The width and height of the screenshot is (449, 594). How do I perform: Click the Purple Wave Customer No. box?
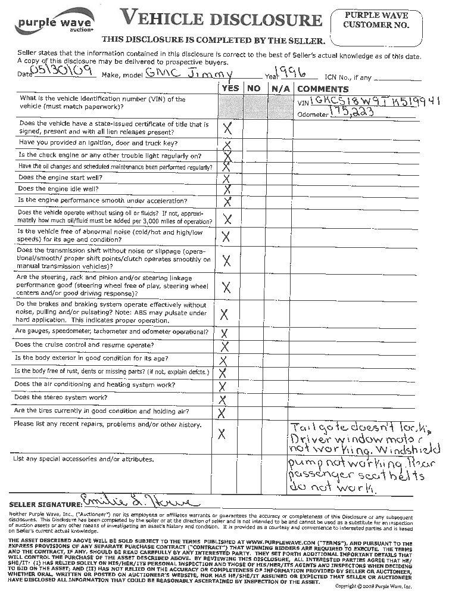376,27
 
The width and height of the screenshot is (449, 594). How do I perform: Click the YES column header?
230,88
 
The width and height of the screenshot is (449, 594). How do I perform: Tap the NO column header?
254,88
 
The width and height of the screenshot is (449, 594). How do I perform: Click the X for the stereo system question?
223,400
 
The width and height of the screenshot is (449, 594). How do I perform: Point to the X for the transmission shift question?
226,260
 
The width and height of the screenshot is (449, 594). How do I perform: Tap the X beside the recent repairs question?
222,434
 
